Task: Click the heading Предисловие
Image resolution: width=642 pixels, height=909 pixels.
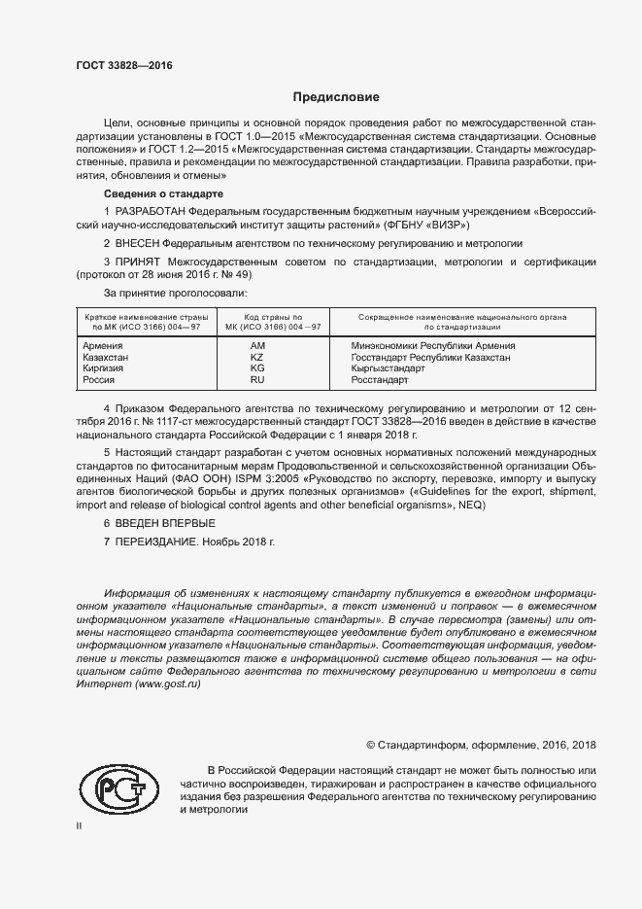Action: coord(336,97)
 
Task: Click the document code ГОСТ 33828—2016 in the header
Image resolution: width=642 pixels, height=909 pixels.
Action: coord(123,64)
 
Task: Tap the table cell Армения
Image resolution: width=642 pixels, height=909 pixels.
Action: coord(103,346)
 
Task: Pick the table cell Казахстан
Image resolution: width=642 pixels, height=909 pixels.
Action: coord(106,358)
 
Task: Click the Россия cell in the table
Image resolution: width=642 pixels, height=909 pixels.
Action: coord(100,381)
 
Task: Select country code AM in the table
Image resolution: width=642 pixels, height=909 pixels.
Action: coord(257,346)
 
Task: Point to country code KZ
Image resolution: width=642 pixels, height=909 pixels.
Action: coord(257,358)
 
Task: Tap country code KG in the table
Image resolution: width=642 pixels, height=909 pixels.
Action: coord(257,369)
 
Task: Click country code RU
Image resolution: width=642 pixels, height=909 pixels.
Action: coord(257,381)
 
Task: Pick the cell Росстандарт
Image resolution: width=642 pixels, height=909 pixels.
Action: coord(385,381)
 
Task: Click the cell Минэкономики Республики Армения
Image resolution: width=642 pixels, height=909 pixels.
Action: coord(433,346)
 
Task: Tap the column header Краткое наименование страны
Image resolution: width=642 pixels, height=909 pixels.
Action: coord(142,318)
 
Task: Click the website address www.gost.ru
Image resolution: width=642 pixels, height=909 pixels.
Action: coord(168,684)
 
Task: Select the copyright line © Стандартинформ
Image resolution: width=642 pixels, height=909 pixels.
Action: coord(481,745)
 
